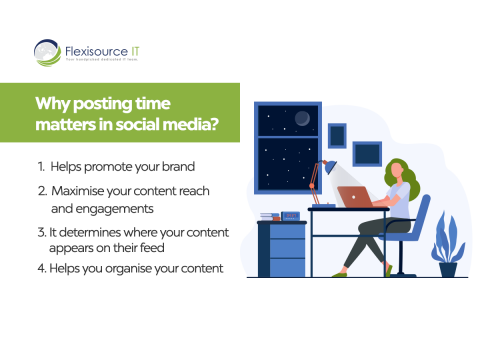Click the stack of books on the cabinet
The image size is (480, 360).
pyautogui.click(x=268, y=216)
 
